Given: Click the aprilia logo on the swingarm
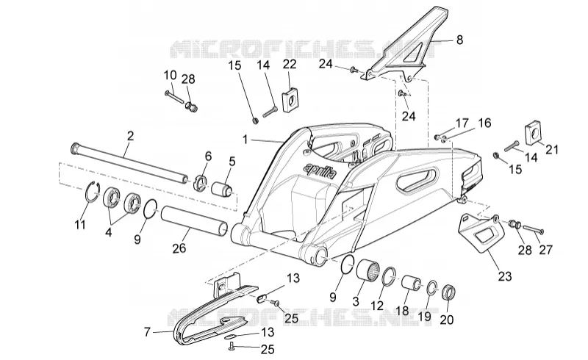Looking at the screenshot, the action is tap(320, 170).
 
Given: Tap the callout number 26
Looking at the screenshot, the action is tap(179, 248).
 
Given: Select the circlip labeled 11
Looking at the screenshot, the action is tap(92, 192).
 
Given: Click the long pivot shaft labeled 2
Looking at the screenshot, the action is tap(130, 163).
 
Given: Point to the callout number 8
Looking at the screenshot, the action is tap(460, 40).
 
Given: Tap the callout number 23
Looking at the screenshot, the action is tap(505, 276).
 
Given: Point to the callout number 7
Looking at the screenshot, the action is tap(147, 332).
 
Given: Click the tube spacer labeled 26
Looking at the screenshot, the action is tap(195, 222).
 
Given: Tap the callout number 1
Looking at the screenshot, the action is tap(245, 140).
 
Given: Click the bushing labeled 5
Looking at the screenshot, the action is tap(223, 188).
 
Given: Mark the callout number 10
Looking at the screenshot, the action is tap(170, 75).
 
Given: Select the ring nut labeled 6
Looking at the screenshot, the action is tap(201, 181).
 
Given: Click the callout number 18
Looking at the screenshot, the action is tap(403, 312).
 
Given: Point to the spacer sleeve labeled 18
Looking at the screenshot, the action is tap(412, 283).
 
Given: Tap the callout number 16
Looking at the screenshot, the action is tap(484, 123).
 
